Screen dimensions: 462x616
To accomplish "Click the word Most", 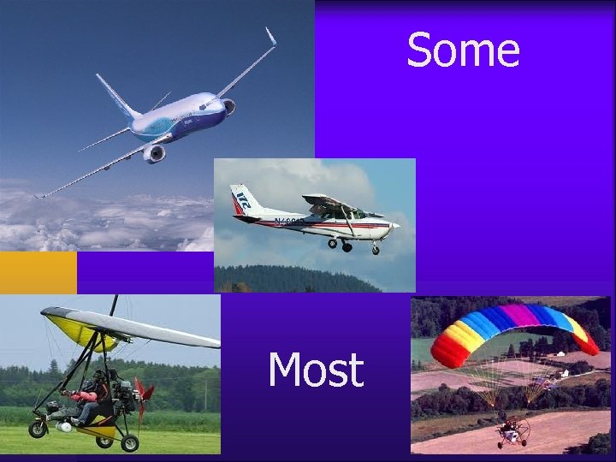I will click(316, 371).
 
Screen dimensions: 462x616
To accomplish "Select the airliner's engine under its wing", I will click(155, 153).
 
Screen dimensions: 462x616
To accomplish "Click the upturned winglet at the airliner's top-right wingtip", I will click(270, 37).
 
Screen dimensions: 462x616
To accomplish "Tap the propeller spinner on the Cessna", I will click(397, 225).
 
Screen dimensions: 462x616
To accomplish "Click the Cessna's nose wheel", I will click(376, 250).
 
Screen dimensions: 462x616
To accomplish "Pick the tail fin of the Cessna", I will click(243, 202).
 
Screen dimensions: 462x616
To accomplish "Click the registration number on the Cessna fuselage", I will click(289, 222).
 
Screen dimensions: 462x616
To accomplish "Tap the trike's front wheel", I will click(38, 428).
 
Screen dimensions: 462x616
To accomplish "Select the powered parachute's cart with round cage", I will click(514, 432).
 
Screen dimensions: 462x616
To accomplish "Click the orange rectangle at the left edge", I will click(38, 272).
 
